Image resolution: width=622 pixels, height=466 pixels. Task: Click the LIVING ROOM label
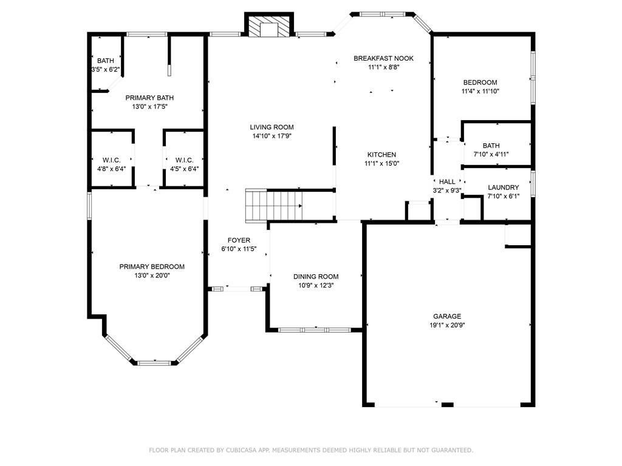pyautogui.click(x=272, y=127)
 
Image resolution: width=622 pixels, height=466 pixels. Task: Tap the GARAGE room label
pyautogui.click(x=447, y=316)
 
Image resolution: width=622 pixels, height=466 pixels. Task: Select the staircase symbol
pyautogui.click(x=274, y=205)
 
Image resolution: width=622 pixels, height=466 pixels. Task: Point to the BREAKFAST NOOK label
pyautogui.click(x=384, y=58)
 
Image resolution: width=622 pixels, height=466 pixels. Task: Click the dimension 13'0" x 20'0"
pyautogui.click(x=152, y=275)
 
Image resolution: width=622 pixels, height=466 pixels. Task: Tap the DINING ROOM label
pyautogui.click(x=316, y=277)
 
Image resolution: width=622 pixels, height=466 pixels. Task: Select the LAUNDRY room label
pyautogui.click(x=504, y=187)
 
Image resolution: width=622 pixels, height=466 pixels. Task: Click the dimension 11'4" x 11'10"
pyautogui.click(x=480, y=91)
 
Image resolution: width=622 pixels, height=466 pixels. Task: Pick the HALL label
pyautogui.click(x=447, y=181)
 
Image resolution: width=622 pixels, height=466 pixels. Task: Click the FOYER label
pyautogui.click(x=239, y=240)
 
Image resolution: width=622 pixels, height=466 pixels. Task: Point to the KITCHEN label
pyautogui.click(x=381, y=155)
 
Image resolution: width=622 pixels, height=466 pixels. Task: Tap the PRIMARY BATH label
pyautogui.click(x=149, y=98)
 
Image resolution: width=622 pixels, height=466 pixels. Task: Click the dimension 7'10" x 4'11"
pyautogui.click(x=491, y=154)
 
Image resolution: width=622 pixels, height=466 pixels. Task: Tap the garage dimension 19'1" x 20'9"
pyautogui.click(x=447, y=325)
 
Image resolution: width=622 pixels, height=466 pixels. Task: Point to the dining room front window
pyautogui.click(x=315, y=329)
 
